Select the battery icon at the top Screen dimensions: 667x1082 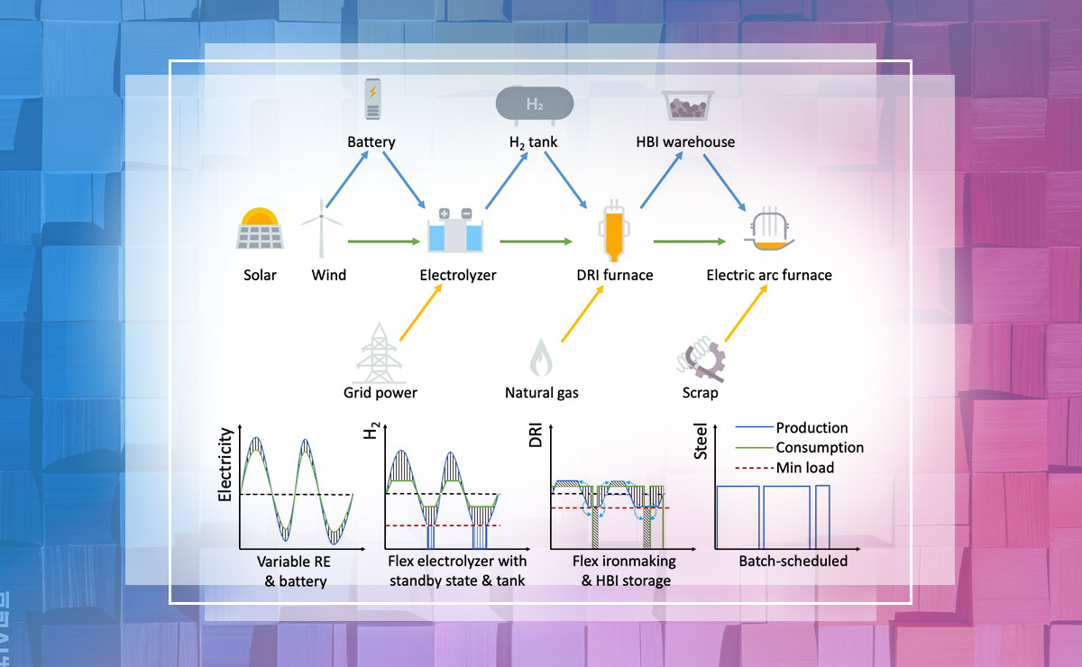(x=371, y=99)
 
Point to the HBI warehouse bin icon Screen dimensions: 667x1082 (x=685, y=105)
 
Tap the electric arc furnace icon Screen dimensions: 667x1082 (x=768, y=233)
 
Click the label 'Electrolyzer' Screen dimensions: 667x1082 (x=458, y=275)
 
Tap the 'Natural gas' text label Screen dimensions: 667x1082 (x=541, y=393)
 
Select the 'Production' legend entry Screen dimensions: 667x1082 (x=811, y=428)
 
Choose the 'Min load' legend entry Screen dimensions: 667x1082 (x=804, y=468)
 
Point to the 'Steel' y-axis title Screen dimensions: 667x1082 (x=701, y=447)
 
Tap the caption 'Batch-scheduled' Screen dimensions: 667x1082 (x=793, y=561)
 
